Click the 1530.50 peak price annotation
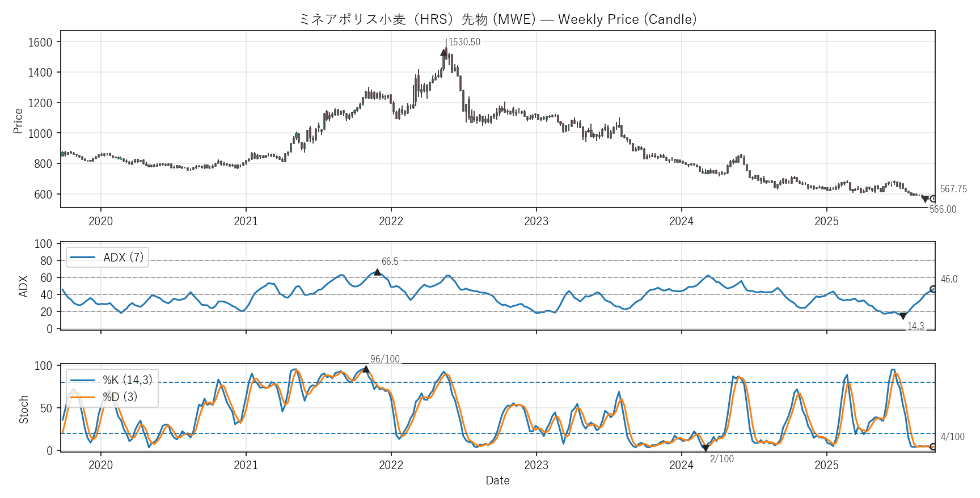(464, 43)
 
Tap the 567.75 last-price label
(953, 189)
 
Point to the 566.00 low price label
(943, 209)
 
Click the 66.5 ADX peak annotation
(390, 261)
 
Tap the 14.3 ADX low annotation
(915, 326)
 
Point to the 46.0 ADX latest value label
(949, 279)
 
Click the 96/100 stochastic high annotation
(385, 359)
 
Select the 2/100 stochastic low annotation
(721, 459)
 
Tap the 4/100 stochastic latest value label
(952, 437)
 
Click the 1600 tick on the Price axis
(40, 42)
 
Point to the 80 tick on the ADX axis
(46, 261)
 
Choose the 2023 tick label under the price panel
(536, 221)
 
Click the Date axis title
(497, 480)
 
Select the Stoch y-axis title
(24, 410)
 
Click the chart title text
(497, 19)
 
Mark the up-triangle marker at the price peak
(443, 53)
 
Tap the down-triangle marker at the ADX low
(903, 316)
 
